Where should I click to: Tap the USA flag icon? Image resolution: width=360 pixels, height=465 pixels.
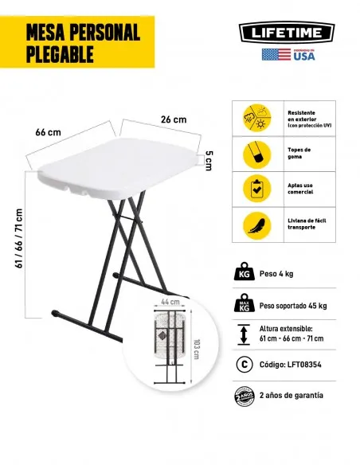276,55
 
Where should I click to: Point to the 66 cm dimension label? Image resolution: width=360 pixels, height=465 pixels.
48,131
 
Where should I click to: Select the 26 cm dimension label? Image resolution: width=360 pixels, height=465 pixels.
174,119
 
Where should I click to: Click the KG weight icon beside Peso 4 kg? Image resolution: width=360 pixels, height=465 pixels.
244,275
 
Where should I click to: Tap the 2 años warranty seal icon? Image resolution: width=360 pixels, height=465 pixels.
244,396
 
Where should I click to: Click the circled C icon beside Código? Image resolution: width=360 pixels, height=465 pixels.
244,365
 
